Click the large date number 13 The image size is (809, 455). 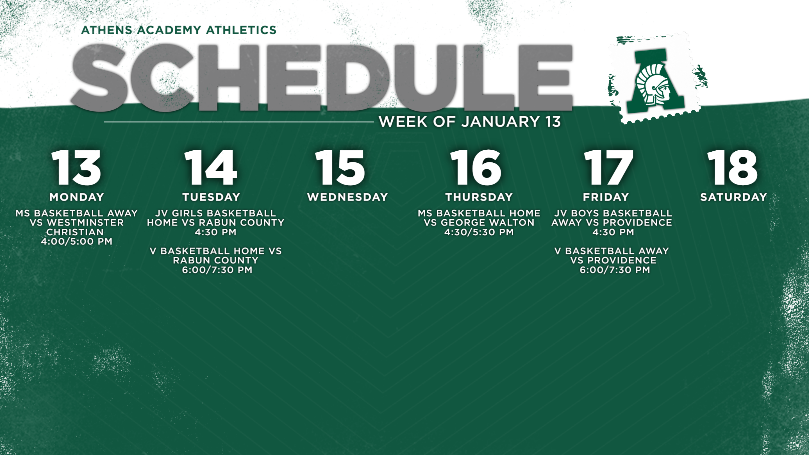[76, 167]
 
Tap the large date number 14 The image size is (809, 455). [211, 167]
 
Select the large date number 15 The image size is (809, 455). [340, 167]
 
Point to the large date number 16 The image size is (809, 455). [476, 167]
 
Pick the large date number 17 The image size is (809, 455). [608, 167]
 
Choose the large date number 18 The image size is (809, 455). [732, 167]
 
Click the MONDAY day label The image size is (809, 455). [77, 197]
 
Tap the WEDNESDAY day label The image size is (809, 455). [347, 197]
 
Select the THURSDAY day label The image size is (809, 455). [479, 197]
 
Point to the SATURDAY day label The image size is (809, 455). [734, 197]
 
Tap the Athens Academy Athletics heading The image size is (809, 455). [179, 30]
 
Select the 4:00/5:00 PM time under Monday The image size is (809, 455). [77, 242]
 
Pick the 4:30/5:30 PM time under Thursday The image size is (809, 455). [479, 232]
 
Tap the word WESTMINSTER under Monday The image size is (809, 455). [85, 223]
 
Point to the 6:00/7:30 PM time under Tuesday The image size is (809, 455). [217, 270]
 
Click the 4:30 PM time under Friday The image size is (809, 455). [613, 232]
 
